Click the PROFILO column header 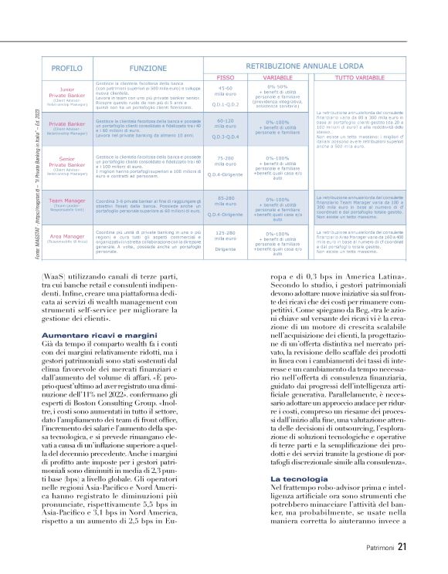coord(66,69)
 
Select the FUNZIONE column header coord(148,69)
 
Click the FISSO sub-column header coord(226,78)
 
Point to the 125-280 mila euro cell coord(226,234)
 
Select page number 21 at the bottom coord(402,547)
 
